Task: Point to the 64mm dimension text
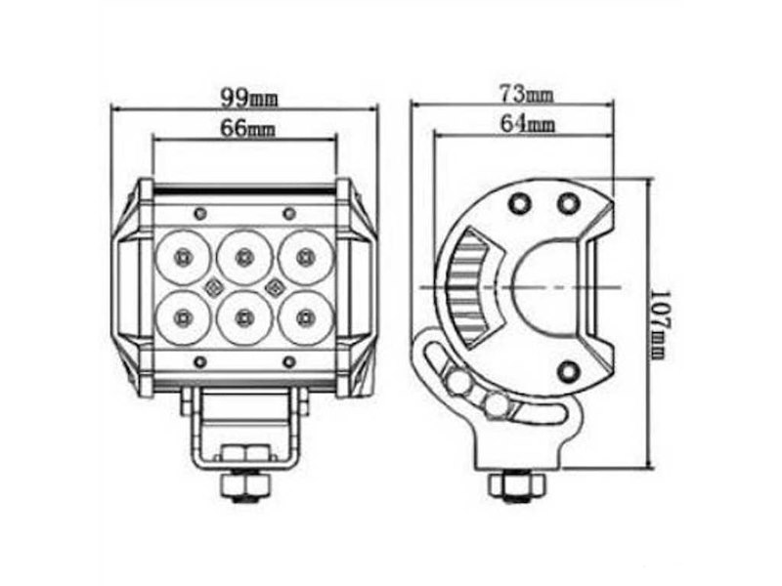point(527,123)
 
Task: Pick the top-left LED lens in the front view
point(183,257)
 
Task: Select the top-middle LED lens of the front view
point(244,257)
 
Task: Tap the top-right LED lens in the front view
point(306,257)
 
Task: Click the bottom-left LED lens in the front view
point(183,315)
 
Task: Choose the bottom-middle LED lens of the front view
point(244,315)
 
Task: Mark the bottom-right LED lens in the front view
point(306,315)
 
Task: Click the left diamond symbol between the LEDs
point(213,286)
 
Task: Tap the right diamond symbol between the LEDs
point(275,286)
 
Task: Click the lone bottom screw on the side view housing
point(568,371)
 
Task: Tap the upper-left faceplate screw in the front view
point(199,213)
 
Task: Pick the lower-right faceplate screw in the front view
point(288,361)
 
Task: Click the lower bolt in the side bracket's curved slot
point(497,403)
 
